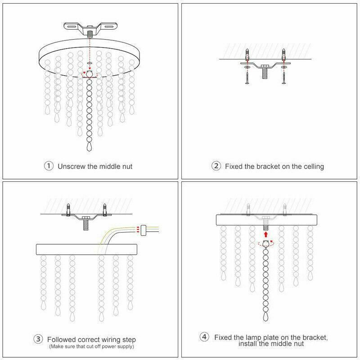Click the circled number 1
[49, 166]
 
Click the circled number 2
[216, 166]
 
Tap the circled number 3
[39, 339]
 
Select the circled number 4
[204, 337]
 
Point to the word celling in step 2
[312, 166]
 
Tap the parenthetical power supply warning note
[91, 346]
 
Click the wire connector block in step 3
[144, 229]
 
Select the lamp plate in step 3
[87, 249]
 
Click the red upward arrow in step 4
[265, 234]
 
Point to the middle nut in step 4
[265, 243]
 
